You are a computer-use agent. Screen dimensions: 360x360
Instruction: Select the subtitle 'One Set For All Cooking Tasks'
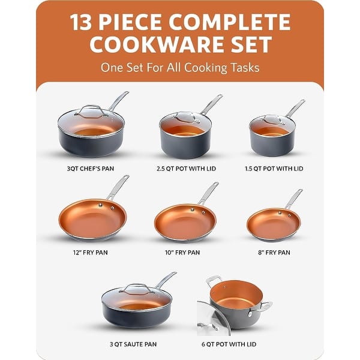(180, 67)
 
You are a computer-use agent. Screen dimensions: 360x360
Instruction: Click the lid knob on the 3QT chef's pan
(91, 109)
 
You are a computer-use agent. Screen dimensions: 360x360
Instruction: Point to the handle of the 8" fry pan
(293, 199)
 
